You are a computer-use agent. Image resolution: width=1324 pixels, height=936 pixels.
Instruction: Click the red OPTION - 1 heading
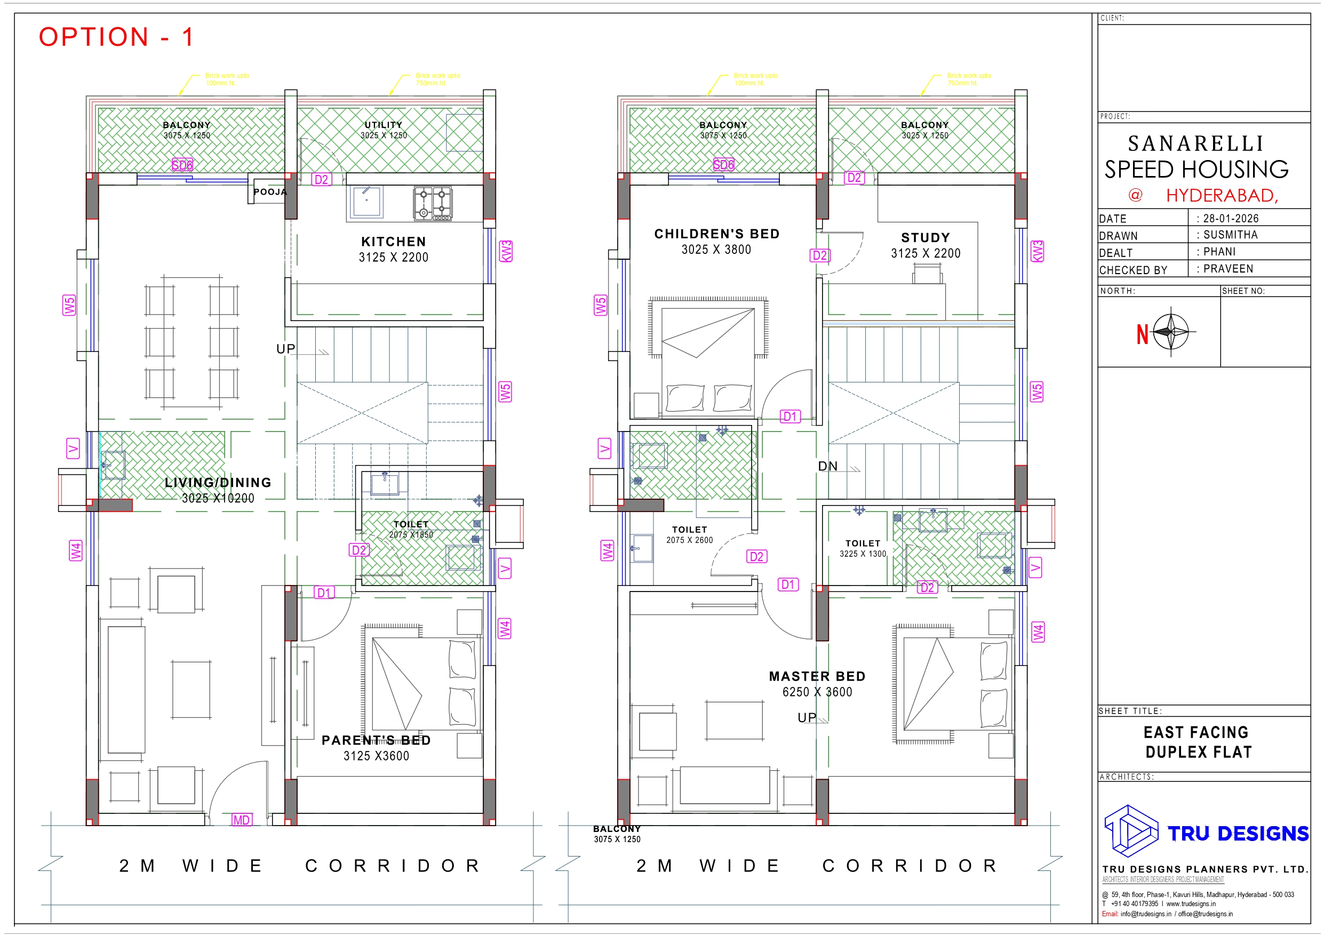point(116,37)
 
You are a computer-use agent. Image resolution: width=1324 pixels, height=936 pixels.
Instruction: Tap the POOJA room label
point(270,192)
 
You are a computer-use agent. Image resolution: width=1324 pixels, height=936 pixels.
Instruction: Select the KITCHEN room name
point(393,242)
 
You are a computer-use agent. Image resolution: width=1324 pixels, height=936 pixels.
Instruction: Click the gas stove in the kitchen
point(433,203)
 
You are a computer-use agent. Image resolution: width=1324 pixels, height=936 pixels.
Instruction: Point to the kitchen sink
point(365,201)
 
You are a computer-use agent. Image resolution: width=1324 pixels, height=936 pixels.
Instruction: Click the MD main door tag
point(241,820)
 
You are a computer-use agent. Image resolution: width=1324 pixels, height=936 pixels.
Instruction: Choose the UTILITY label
point(384,125)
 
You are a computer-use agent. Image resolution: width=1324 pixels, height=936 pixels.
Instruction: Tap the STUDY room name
point(925,238)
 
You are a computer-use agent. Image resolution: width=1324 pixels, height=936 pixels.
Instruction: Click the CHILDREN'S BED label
point(716,234)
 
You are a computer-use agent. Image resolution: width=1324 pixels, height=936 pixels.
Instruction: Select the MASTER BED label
point(817,676)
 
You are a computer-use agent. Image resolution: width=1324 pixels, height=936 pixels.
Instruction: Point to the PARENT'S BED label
point(376,740)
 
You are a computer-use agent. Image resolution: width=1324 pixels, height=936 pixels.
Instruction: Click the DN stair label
point(827,466)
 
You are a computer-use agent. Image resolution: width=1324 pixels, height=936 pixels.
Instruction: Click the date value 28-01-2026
point(1231,219)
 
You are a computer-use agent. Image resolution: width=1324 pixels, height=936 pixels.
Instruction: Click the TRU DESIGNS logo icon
point(1130,830)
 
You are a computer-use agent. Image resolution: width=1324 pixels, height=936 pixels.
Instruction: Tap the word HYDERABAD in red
point(1222,196)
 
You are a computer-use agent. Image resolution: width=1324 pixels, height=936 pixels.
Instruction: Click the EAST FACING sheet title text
point(1196,732)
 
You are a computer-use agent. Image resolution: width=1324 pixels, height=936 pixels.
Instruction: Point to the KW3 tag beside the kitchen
point(506,251)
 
